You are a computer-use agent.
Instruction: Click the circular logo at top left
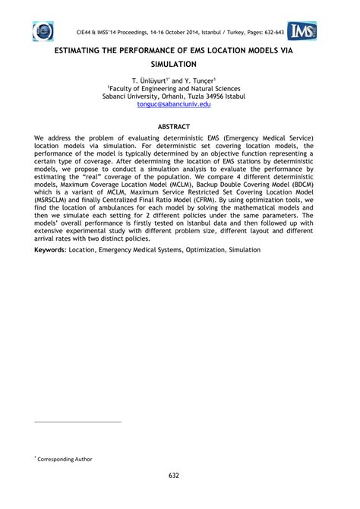coord(43,32)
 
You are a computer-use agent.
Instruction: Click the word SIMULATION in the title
coord(180,66)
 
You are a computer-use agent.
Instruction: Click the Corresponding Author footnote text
coord(66,458)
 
